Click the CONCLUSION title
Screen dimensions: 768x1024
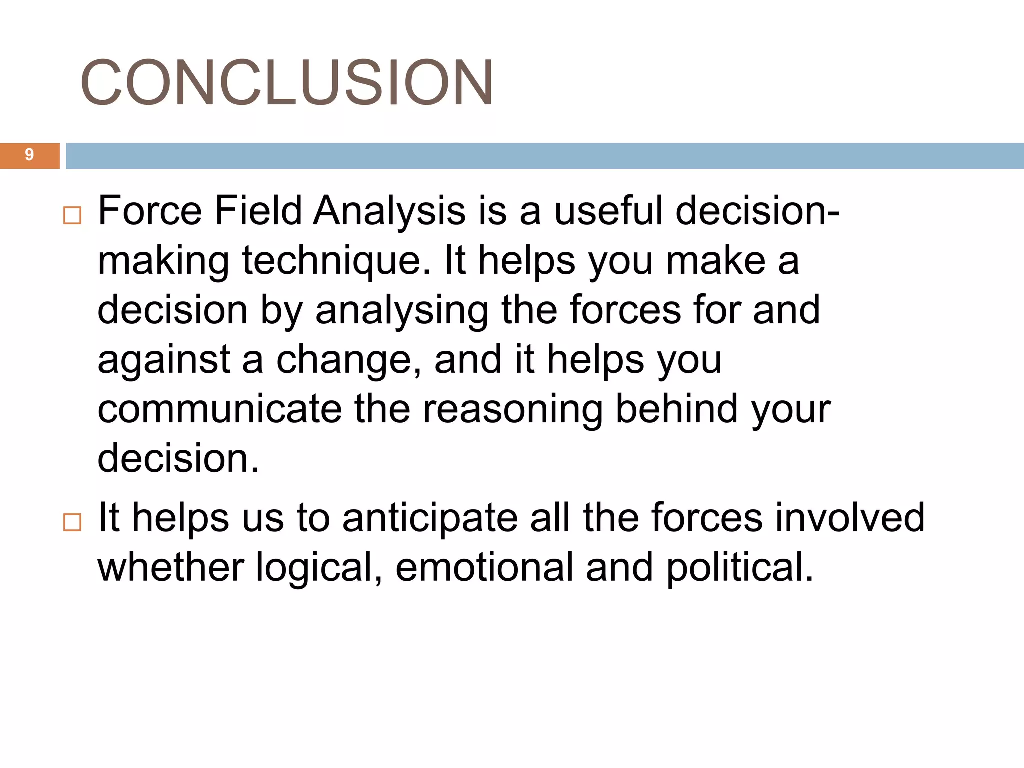click(x=287, y=82)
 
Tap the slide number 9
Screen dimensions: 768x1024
click(x=29, y=155)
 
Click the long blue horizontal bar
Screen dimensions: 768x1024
click(x=544, y=156)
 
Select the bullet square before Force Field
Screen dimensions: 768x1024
click(x=72, y=216)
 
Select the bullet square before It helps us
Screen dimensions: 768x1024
click(x=72, y=522)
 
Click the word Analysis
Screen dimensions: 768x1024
click(x=389, y=211)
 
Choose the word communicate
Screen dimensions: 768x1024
click(x=219, y=409)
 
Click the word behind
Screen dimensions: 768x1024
click(x=676, y=409)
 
